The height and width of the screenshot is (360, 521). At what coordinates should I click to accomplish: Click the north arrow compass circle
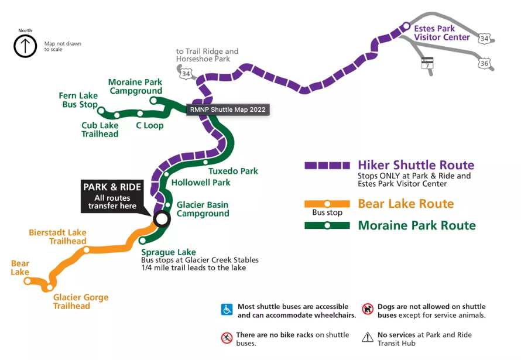[x=25, y=46]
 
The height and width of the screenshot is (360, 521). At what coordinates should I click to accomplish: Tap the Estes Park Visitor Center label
[x=441, y=33]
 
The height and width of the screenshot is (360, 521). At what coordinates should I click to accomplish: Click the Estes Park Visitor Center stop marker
[x=406, y=26]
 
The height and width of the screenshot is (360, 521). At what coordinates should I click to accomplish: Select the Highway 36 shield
[x=484, y=63]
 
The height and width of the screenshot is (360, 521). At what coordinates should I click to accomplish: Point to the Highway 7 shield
[x=427, y=63]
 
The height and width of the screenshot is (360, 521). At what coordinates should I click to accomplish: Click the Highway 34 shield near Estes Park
[x=484, y=39]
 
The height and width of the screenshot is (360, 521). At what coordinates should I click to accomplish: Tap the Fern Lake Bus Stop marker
[x=101, y=110]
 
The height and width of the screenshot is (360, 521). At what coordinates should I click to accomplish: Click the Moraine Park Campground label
[x=135, y=87]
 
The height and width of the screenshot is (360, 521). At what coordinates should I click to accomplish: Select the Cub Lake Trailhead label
[x=100, y=129]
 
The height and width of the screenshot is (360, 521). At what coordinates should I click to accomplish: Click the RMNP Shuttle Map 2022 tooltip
[x=228, y=109]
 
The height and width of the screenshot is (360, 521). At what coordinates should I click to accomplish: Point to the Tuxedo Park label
[x=233, y=171]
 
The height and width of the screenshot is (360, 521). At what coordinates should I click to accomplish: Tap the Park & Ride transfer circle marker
[x=161, y=219]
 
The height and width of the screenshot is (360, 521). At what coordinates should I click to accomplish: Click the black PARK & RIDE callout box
[x=112, y=196]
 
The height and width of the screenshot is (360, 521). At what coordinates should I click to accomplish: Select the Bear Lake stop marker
[x=27, y=281]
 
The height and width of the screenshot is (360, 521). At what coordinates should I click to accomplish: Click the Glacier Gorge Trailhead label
[x=81, y=301]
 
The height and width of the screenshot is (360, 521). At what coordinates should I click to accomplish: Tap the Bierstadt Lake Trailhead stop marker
[x=87, y=250]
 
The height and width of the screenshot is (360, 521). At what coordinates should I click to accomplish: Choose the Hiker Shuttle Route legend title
[x=416, y=165]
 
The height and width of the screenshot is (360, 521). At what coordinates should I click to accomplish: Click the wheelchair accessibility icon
[x=227, y=310]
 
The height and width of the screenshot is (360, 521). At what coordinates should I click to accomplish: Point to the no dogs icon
[x=368, y=309]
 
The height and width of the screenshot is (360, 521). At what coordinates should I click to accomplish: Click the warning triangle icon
[x=368, y=337]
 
